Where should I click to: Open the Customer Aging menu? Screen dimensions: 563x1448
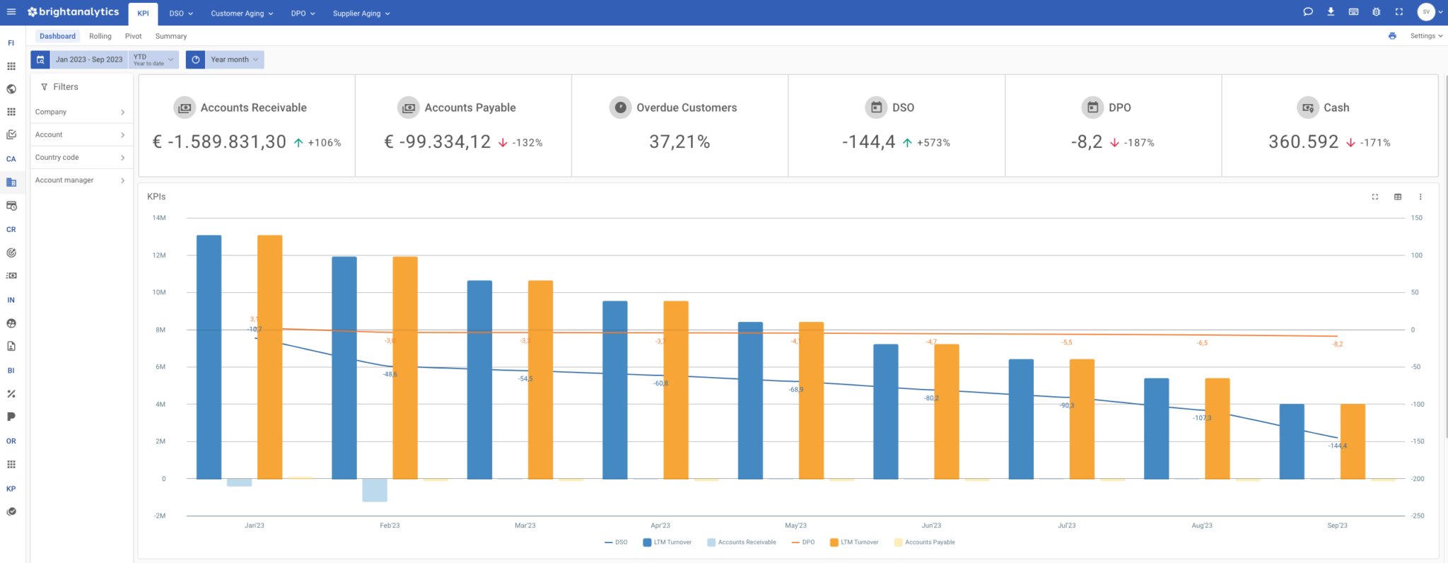click(x=241, y=13)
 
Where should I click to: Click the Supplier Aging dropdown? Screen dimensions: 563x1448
click(x=361, y=13)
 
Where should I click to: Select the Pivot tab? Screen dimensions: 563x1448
click(x=133, y=36)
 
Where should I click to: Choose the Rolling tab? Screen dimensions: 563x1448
click(x=100, y=36)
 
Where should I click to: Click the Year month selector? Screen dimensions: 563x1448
click(x=233, y=59)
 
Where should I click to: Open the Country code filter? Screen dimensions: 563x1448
click(x=80, y=158)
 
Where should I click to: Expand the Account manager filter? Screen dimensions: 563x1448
click(x=80, y=180)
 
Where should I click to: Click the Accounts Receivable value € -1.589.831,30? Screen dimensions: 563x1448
click(x=219, y=142)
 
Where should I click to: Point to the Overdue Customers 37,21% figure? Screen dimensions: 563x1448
click(x=679, y=142)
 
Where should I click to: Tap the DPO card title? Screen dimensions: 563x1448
click(x=1119, y=108)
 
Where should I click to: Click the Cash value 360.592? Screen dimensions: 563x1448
click(x=1303, y=142)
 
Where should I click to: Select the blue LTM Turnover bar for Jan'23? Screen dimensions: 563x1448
click(x=209, y=357)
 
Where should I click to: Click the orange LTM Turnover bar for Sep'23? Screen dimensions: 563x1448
click(x=1353, y=441)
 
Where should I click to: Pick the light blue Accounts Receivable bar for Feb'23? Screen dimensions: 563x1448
click(x=375, y=490)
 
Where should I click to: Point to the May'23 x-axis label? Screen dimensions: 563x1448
click(x=795, y=526)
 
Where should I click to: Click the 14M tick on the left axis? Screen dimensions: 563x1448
click(x=159, y=218)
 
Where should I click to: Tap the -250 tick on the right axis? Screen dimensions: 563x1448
click(x=1417, y=516)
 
